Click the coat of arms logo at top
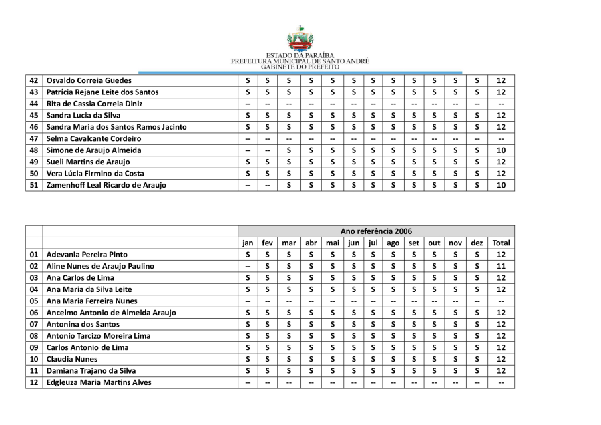pos(300,38)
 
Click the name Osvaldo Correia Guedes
pos(89,80)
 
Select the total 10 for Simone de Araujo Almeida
pos(501,150)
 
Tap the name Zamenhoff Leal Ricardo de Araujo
pos(106,185)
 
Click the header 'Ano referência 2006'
pos(376,231)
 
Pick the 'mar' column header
pos(289,243)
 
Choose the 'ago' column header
pos(393,243)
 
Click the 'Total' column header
pos(501,243)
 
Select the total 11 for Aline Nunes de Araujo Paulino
pos(501,266)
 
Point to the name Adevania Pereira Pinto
pos(87,255)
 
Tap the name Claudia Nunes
pos(71,359)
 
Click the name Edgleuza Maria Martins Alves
pos(99,382)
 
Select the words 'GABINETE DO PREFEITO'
pos(300,67)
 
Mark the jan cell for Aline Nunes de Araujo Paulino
pos(248,266)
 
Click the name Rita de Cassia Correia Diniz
pos(94,104)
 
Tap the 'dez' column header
pos(477,243)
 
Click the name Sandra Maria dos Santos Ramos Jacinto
pos(116,127)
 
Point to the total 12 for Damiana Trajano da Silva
pos(501,370)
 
